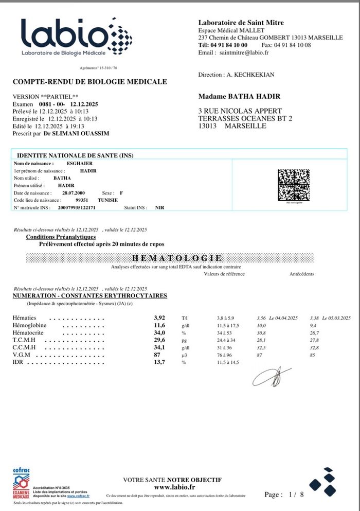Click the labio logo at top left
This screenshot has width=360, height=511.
tap(76, 37)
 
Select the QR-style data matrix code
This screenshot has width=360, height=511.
tap(294, 185)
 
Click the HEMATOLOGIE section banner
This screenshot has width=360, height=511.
tap(177, 258)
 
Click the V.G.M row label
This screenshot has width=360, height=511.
tap(21, 355)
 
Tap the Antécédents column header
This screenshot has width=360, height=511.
tap(301, 274)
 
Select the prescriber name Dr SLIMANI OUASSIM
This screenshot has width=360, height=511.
tap(76, 133)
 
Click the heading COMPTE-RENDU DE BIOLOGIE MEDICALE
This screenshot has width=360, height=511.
tap(89, 82)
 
